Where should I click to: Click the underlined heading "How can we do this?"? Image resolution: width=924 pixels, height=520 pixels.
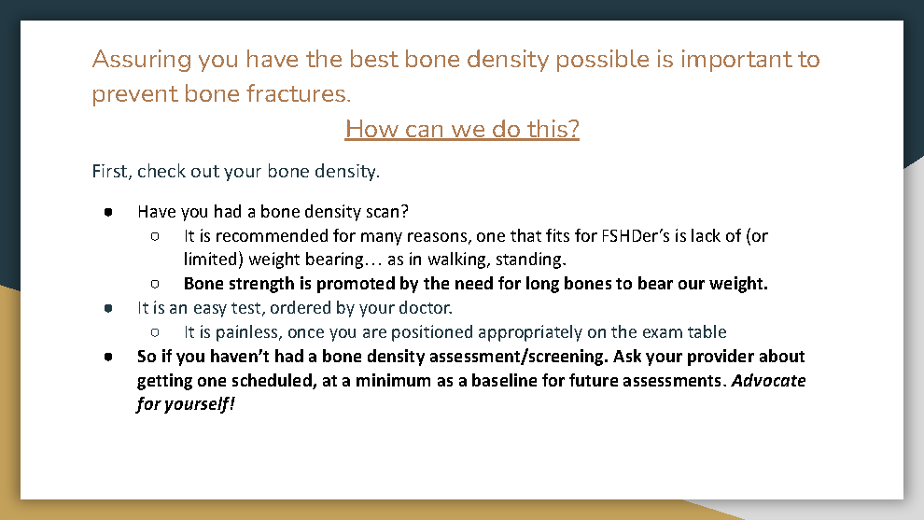click(462, 129)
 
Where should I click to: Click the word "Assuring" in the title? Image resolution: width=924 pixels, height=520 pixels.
click(142, 60)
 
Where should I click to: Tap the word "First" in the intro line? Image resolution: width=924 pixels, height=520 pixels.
click(109, 171)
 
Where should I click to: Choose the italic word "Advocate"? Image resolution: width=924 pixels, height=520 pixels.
click(768, 381)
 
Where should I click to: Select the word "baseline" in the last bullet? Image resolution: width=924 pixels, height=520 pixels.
click(504, 381)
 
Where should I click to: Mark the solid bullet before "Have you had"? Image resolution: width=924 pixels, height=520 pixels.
click(108, 212)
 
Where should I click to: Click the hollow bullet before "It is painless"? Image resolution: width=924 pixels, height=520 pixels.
click(155, 332)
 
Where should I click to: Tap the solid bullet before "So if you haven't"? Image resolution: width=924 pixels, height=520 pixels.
click(108, 357)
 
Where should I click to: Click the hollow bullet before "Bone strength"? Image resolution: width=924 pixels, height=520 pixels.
click(155, 284)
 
